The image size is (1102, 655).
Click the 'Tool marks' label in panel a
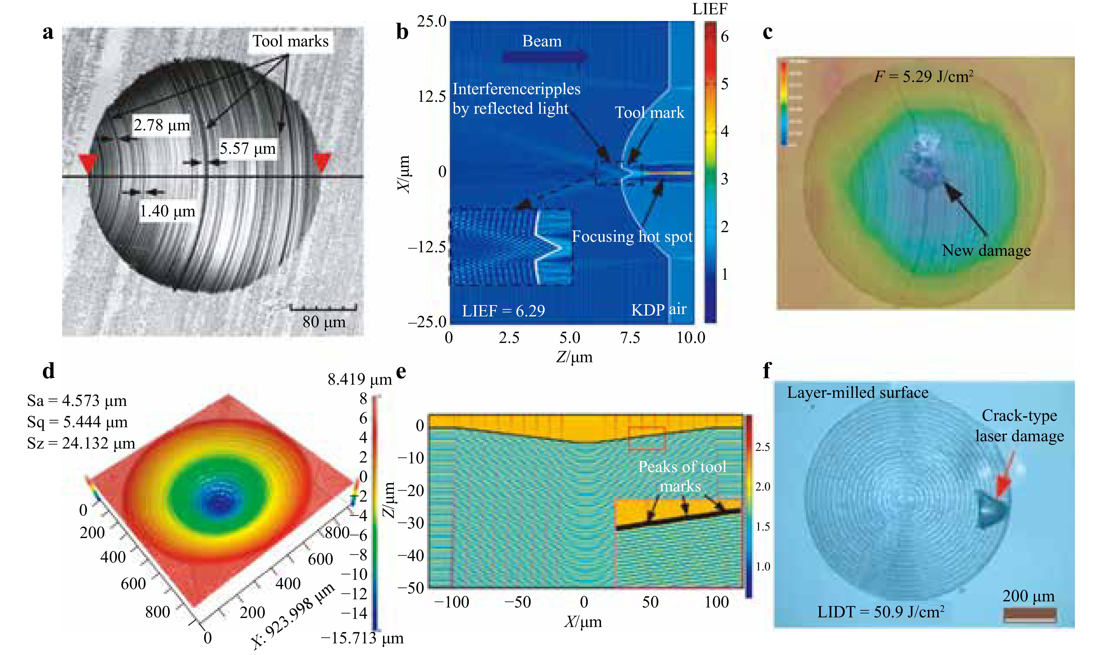click(290, 41)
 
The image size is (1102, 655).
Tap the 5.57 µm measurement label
click(248, 149)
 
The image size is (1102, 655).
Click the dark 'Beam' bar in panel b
click(544, 57)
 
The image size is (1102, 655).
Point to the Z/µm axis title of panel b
click(574, 357)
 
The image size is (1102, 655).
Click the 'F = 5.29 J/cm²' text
click(923, 77)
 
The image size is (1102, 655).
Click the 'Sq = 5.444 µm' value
click(77, 422)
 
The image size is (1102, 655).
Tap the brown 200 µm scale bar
click(1030, 615)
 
